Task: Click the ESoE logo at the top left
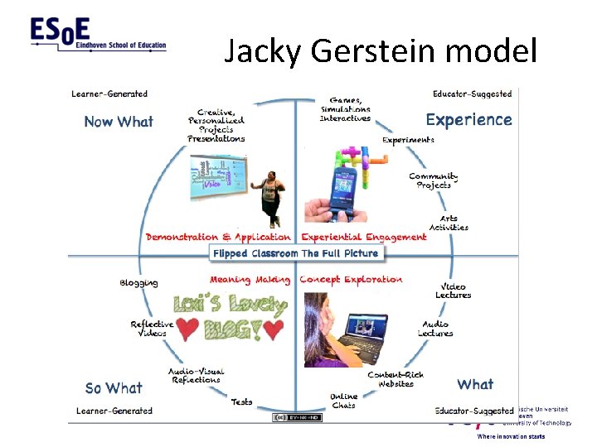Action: point(98,36)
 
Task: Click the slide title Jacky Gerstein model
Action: point(381,51)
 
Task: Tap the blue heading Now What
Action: point(119,122)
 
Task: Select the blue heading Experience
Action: point(468,120)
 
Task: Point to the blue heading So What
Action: point(114,387)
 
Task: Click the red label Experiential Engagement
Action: point(363,237)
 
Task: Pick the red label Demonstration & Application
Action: point(218,237)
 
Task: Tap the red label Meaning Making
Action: point(249,280)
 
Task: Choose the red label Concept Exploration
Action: point(351,280)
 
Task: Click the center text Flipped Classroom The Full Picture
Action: point(295,253)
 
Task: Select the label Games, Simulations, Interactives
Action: point(345,109)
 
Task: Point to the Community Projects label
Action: point(434,180)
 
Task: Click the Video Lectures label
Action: point(453,291)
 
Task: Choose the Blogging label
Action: point(138,283)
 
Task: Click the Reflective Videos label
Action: point(152,329)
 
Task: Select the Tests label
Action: point(242,401)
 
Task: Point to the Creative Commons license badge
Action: point(297,417)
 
